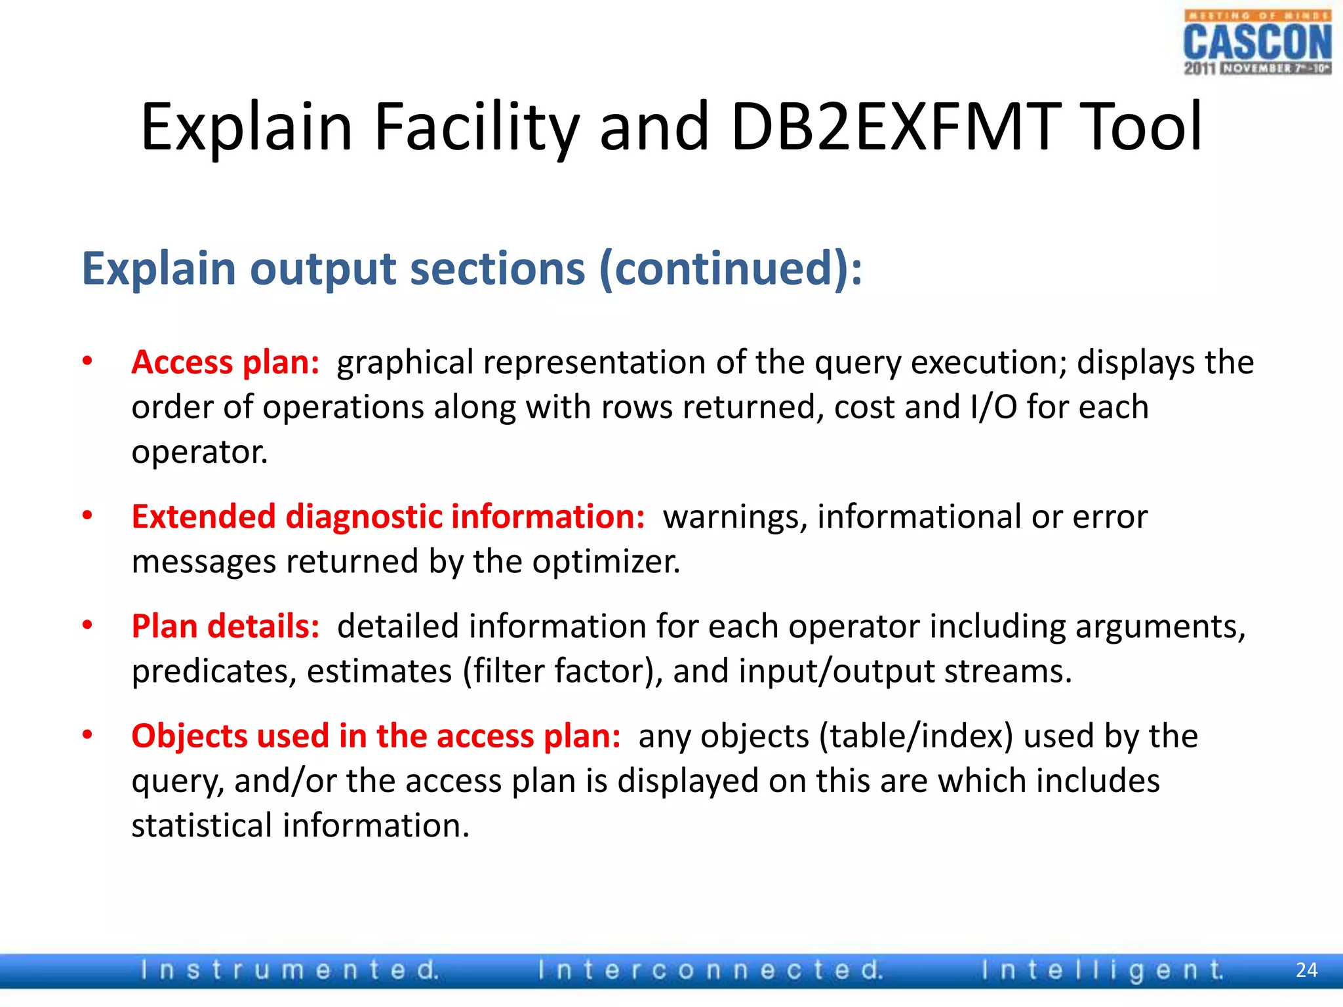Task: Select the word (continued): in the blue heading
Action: [x=731, y=269]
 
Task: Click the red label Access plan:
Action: [x=225, y=363]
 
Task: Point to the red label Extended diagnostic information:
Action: [x=388, y=517]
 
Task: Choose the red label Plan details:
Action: [x=225, y=626]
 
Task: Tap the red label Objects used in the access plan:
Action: [x=376, y=736]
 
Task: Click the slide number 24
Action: [x=1306, y=970]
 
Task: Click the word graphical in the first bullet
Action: [x=405, y=363]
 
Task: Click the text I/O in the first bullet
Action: [x=993, y=407]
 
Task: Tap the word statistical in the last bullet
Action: [x=201, y=825]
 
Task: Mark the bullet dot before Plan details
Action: [x=87, y=625]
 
